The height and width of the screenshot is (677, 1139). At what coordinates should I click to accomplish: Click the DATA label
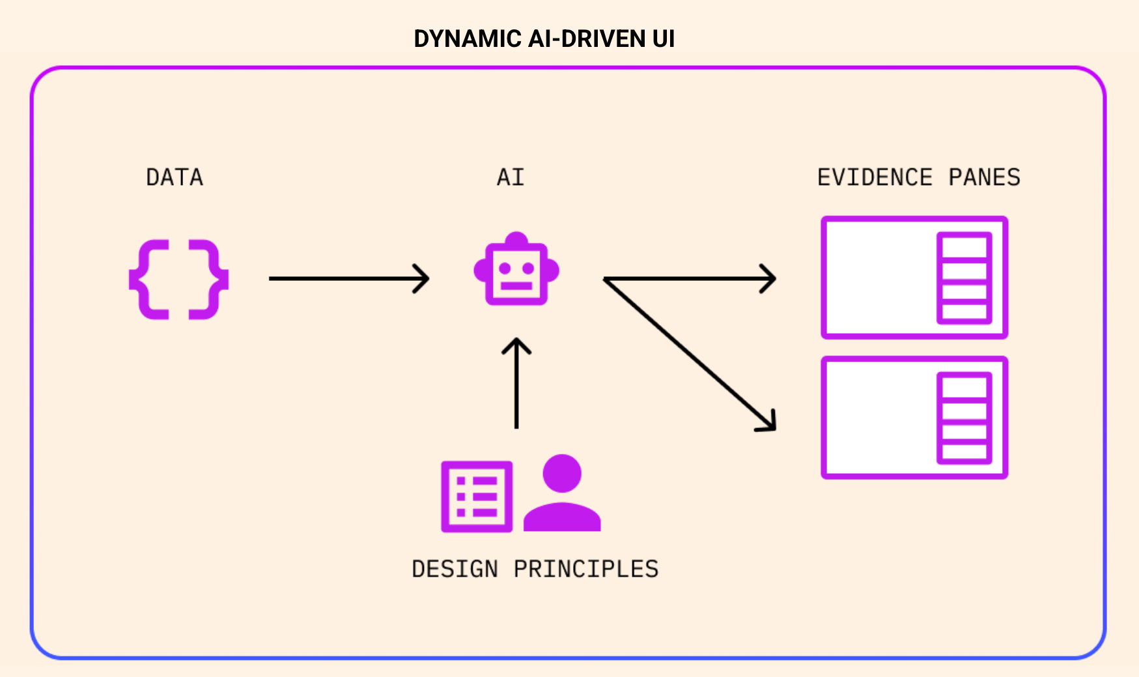[x=175, y=177]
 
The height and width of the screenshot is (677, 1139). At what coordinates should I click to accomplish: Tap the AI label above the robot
[x=511, y=177]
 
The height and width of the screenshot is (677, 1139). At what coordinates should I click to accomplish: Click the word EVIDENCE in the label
[x=875, y=177]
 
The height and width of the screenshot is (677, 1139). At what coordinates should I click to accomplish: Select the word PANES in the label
[x=984, y=177]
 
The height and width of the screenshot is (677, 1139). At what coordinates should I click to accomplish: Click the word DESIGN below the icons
[x=455, y=569]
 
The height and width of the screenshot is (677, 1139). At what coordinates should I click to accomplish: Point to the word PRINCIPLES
[x=586, y=569]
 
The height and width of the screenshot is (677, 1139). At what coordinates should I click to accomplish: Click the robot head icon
[x=516, y=269]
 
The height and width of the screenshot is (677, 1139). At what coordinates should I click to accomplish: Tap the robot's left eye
[x=504, y=268]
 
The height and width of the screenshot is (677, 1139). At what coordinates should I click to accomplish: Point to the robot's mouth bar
[x=516, y=285]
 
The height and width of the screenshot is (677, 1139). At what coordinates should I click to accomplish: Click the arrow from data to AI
[x=348, y=278]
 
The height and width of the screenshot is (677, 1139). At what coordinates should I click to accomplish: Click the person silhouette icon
[x=561, y=494]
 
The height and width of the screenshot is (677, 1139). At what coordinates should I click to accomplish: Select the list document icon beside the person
[x=477, y=497]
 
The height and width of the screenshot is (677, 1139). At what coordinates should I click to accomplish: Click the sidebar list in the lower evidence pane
[x=964, y=418]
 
